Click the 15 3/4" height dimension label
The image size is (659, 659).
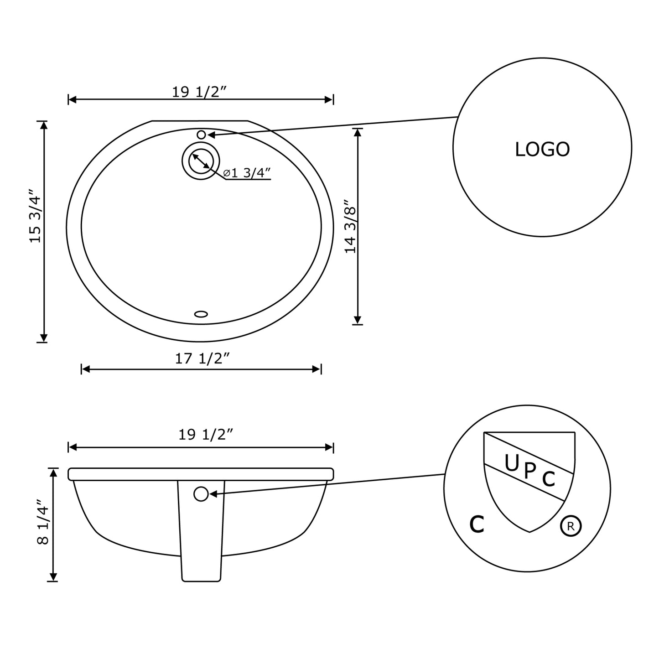(35, 216)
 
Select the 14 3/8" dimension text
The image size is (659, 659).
(350, 227)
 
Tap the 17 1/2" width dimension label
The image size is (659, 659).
(202, 359)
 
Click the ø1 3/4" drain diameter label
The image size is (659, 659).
(247, 173)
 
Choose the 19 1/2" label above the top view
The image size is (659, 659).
(199, 92)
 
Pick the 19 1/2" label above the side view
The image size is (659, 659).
(205, 435)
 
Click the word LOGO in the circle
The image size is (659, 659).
(542, 150)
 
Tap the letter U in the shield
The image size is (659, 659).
(512, 463)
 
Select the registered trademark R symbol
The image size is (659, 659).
(571, 526)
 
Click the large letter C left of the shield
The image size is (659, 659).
(477, 524)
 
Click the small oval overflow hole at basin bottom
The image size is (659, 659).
(201, 314)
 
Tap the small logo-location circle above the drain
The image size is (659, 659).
(201, 135)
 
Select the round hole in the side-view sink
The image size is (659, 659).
(201, 494)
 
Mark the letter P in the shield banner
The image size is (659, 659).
(530, 471)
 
